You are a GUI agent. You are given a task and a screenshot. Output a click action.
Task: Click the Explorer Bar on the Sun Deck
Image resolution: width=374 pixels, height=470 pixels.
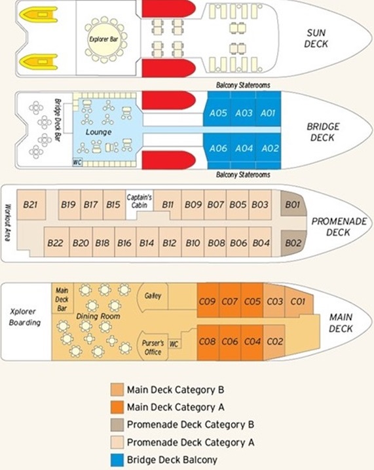(x=103, y=39)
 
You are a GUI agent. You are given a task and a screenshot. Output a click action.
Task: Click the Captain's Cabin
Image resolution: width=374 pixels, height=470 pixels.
(x=139, y=201)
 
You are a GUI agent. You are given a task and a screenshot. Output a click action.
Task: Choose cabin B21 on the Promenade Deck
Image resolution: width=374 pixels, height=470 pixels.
(x=31, y=205)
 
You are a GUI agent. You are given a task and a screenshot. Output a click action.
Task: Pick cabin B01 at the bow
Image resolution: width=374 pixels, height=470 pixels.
(x=293, y=204)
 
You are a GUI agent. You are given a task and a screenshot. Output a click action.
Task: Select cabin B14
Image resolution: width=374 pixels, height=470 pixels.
(x=147, y=242)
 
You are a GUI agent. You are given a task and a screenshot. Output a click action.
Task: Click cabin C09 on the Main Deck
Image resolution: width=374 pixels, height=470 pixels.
(x=208, y=300)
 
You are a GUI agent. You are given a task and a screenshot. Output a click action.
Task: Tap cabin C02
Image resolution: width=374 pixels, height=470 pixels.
(x=274, y=342)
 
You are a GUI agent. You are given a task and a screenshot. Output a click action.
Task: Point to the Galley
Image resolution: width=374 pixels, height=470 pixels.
(x=153, y=296)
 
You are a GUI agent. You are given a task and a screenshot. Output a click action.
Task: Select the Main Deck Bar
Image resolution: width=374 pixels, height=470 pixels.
(x=62, y=299)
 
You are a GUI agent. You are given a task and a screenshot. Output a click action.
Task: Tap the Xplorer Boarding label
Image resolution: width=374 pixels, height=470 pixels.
(x=25, y=317)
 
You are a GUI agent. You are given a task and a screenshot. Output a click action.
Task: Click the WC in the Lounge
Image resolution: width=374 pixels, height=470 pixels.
(x=77, y=162)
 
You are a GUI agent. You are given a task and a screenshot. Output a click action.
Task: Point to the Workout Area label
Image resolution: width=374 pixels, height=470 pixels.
(x=9, y=223)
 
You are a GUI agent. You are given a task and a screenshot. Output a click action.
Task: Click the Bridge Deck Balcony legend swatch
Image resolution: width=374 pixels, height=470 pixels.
(x=117, y=460)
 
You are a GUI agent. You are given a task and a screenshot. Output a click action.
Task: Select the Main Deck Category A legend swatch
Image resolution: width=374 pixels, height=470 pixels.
(x=117, y=407)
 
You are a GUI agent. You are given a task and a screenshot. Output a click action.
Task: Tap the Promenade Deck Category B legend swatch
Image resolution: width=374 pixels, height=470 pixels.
(x=117, y=425)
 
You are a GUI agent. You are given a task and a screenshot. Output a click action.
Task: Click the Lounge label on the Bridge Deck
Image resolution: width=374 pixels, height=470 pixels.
(x=98, y=132)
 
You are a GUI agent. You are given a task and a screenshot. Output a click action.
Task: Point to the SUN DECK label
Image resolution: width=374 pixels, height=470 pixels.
(x=316, y=39)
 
